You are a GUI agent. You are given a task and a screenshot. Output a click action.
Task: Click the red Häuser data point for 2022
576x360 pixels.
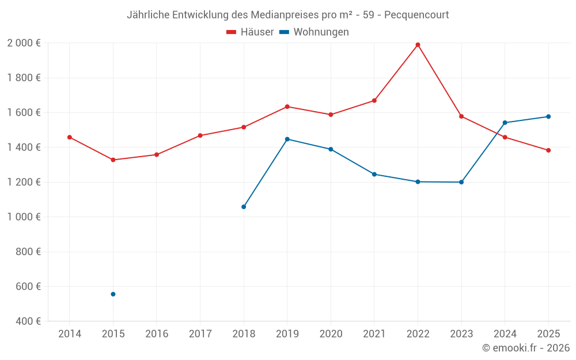(418, 45)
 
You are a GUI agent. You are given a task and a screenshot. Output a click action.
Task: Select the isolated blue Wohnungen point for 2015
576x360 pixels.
(113, 294)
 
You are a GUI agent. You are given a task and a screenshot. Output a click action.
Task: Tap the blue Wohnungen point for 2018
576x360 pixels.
(244, 207)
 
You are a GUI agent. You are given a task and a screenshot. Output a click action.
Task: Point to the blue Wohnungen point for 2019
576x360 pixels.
(287, 139)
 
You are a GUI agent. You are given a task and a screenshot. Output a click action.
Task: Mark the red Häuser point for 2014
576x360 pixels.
(70, 137)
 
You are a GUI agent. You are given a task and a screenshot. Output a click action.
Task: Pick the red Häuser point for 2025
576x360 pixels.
(548, 150)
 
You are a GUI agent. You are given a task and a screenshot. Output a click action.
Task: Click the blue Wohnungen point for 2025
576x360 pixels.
(548, 117)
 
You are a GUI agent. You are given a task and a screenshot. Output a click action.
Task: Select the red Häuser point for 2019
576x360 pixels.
(287, 107)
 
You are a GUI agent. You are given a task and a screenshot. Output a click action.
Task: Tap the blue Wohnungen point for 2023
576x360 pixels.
(461, 182)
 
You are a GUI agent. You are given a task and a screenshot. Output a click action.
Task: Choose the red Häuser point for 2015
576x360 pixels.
(113, 160)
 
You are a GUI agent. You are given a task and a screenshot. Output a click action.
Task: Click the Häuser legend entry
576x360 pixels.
(250, 32)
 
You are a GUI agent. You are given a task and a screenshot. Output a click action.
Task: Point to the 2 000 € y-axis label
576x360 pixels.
(24, 43)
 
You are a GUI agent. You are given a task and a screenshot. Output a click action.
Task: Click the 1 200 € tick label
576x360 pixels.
(24, 182)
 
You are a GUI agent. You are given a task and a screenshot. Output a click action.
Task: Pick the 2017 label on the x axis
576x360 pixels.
(200, 334)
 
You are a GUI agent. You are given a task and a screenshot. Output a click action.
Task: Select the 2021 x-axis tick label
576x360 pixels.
(374, 334)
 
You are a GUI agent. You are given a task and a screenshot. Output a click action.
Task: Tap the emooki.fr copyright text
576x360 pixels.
(525, 348)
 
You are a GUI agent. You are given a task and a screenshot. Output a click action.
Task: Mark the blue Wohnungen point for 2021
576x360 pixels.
(374, 175)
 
